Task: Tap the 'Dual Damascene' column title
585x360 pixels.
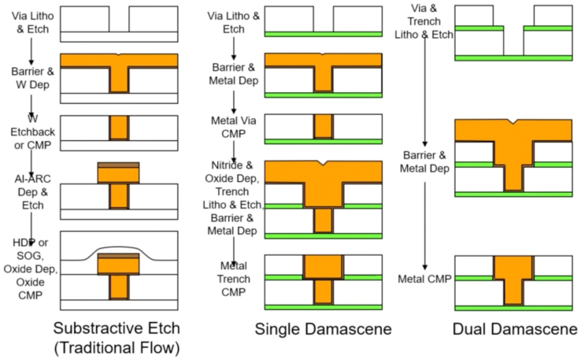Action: (x=515, y=329)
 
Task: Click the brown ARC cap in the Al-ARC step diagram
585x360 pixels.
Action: (x=118, y=165)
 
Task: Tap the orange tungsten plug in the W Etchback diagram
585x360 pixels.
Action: (x=119, y=128)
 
